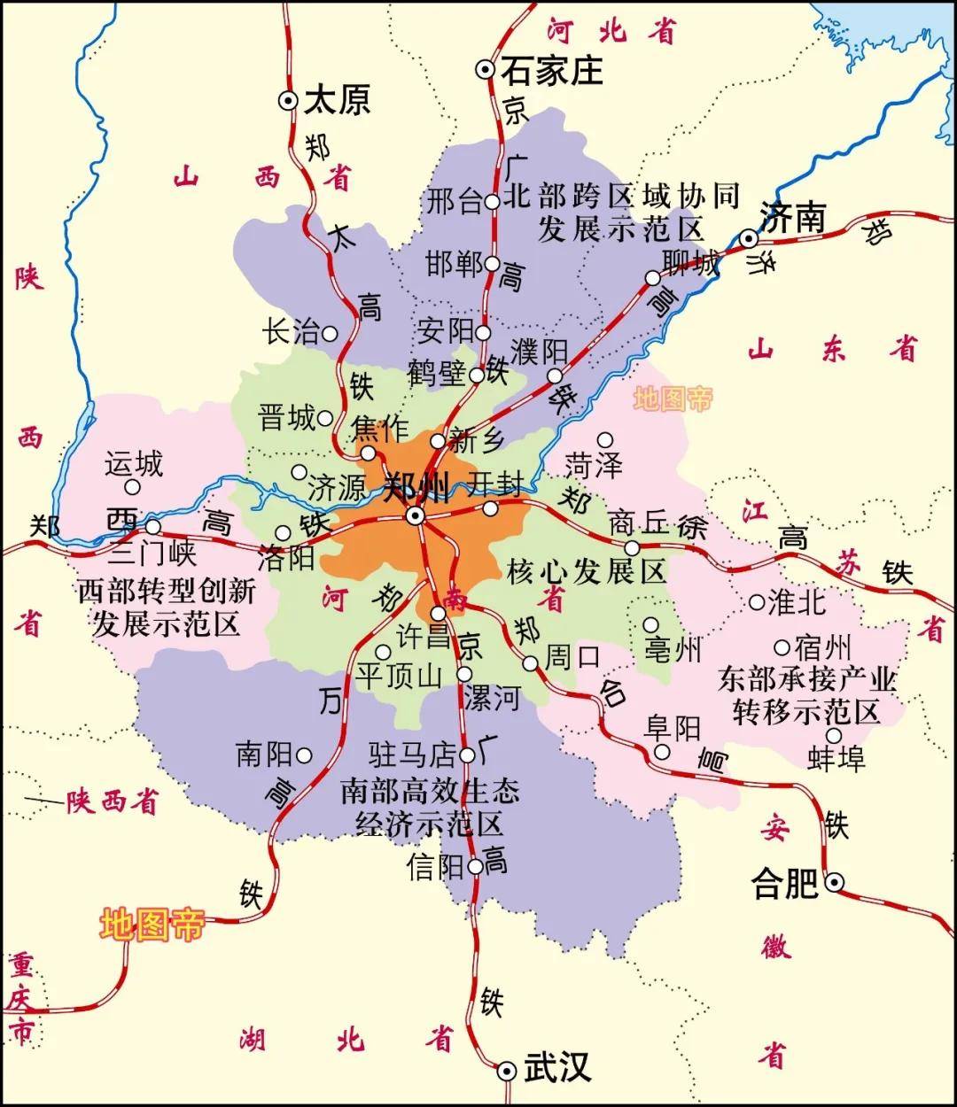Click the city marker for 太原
[288, 101]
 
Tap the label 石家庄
[551, 70]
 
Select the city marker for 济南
[750, 238]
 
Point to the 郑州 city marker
[415, 515]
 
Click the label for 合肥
[785, 883]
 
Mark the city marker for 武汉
[507, 1071]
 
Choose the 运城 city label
[134, 463]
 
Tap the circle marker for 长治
[330, 334]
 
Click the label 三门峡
[152, 554]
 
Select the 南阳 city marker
[304, 755]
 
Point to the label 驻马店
[412, 755]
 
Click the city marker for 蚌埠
[834, 735]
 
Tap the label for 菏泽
[594, 465]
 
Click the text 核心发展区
[586, 571]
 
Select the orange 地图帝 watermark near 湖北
[152, 925]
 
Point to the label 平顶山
[399, 677]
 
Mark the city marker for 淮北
[757, 602]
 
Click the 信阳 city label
[435, 866]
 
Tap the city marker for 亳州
[650, 624]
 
